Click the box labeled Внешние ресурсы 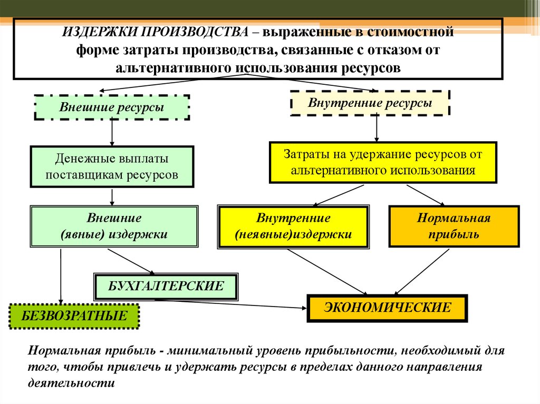[111, 107]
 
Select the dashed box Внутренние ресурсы [370, 103]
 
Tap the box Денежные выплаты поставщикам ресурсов [112, 166]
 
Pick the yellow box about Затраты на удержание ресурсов [382, 162]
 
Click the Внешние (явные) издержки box [114, 226]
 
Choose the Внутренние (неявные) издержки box [293, 226]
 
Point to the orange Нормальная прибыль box [454, 226]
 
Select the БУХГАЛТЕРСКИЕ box [166, 286]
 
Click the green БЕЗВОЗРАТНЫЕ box [74, 316]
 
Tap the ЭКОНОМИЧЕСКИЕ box [387, 308]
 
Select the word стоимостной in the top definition [420, 33]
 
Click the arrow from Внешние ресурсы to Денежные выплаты [112, 133]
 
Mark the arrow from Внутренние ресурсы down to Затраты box [376, 129]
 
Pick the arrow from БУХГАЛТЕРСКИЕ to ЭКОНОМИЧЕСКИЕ [232, 303]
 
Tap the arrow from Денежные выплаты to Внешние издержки [112, 196]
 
